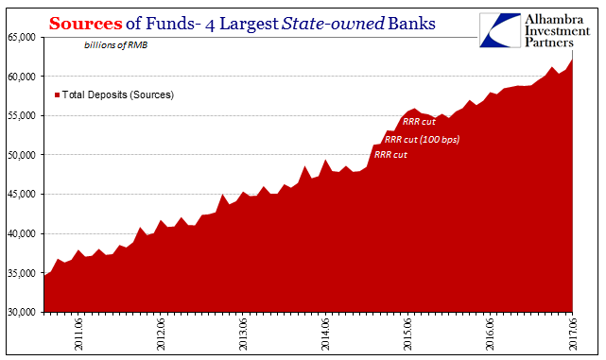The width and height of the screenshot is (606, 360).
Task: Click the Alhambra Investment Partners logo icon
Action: click(496, 30)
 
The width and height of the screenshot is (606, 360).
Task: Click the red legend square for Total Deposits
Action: click(58, 95)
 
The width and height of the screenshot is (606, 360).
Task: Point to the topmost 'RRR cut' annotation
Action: click(419, 121)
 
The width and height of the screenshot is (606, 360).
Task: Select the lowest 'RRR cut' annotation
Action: click(390, 155)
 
